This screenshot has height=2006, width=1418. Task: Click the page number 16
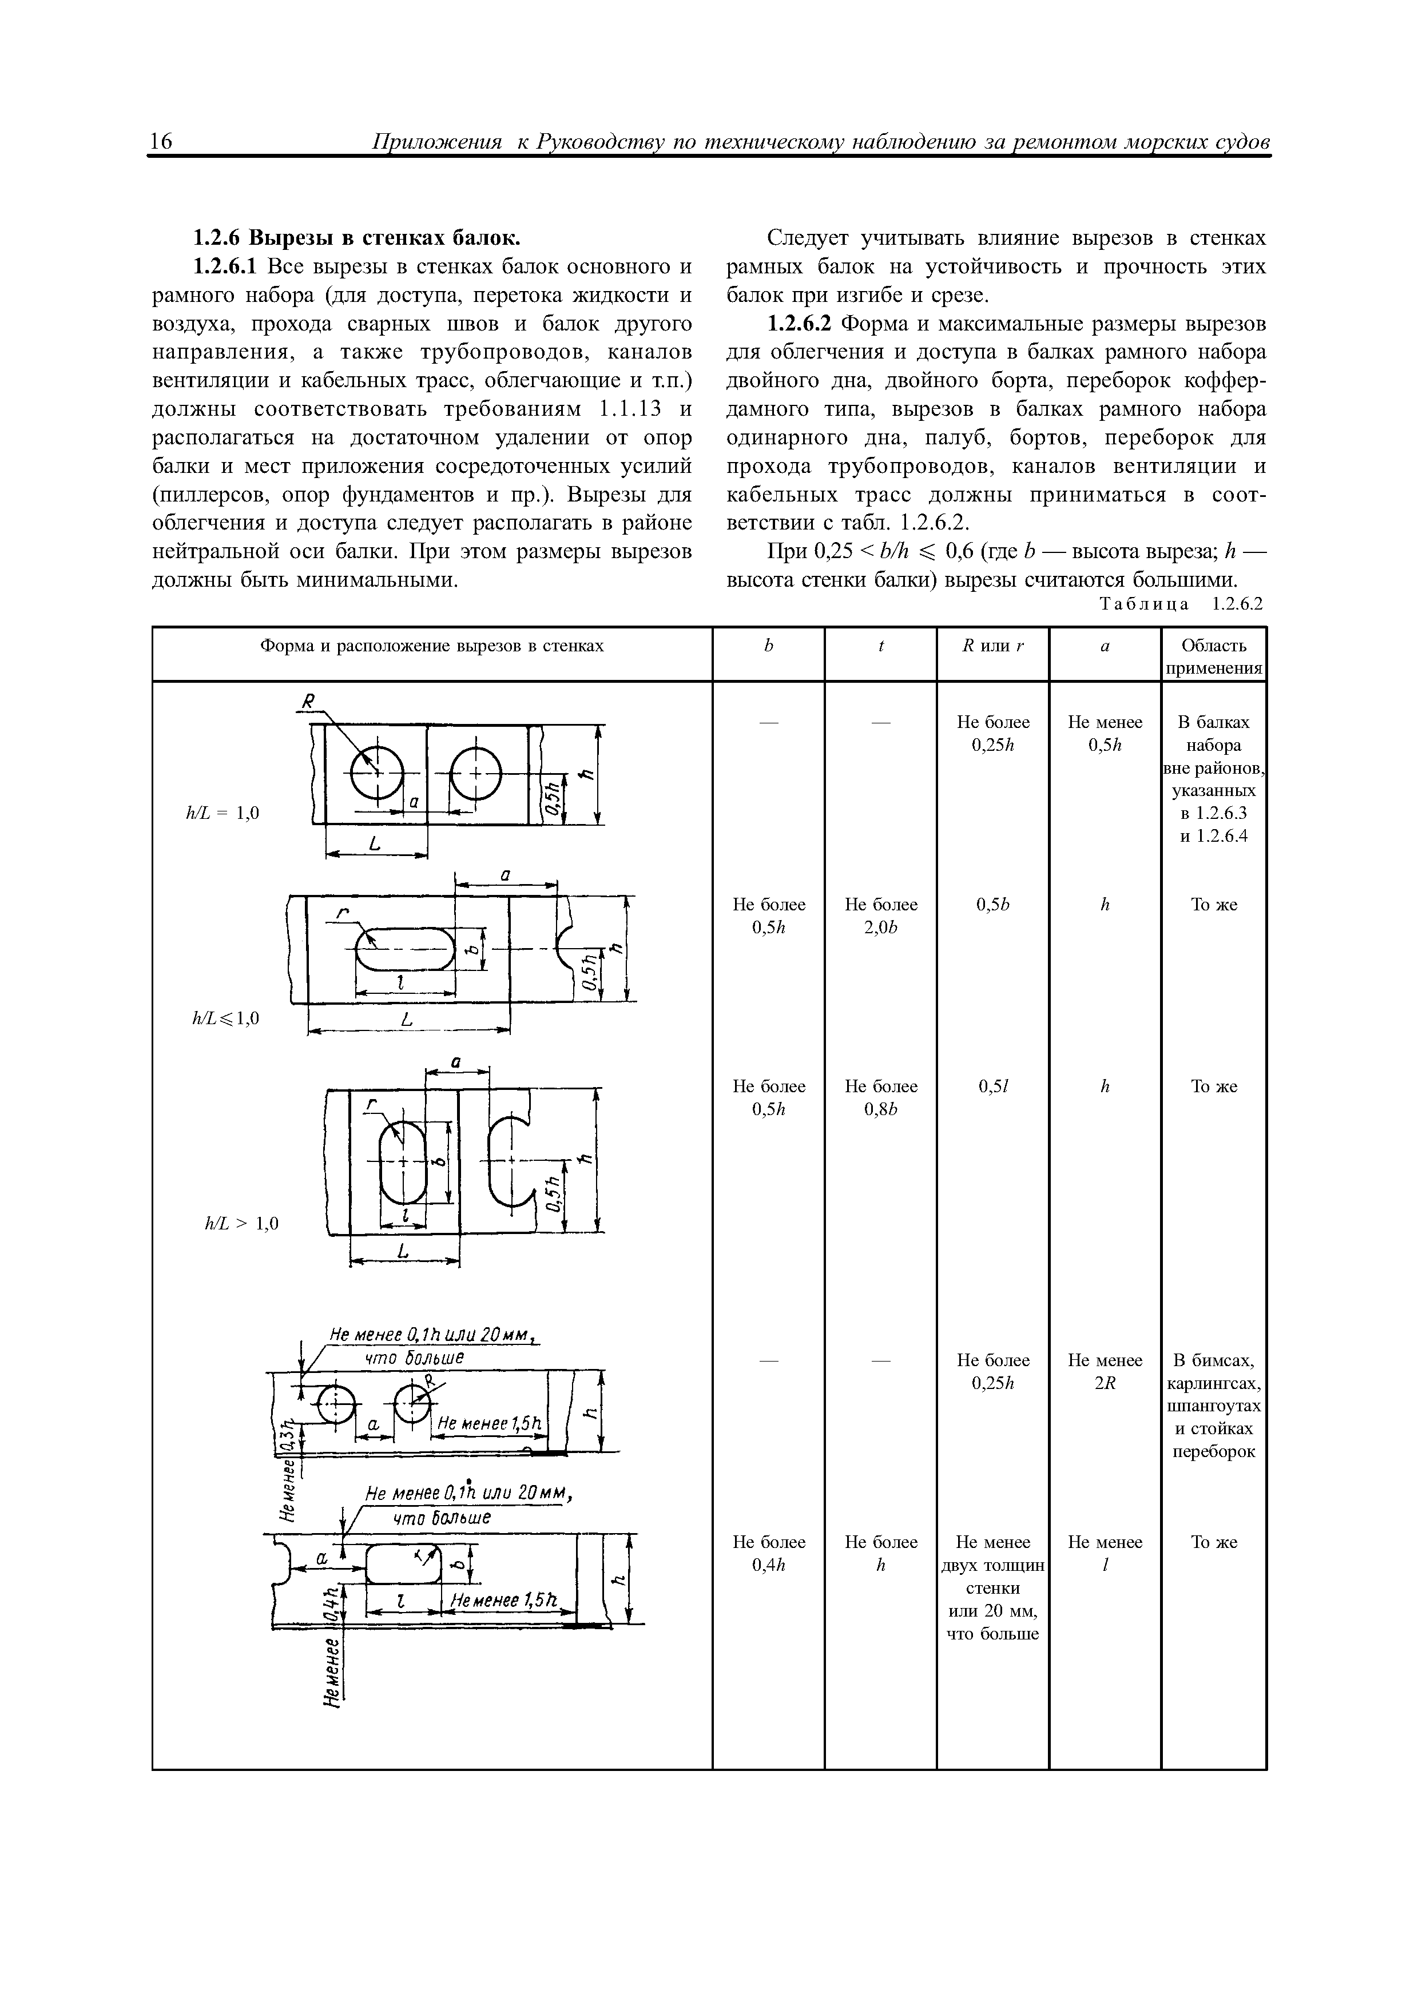162,142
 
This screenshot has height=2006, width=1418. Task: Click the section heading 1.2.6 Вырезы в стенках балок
356,238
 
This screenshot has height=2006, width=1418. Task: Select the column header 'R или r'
992,646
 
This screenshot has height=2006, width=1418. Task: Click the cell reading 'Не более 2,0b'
881,916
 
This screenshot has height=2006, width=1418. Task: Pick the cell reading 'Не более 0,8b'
881,1097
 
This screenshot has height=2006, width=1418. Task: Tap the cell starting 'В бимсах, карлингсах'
1214,1406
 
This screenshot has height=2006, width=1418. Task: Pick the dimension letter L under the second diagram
407,1021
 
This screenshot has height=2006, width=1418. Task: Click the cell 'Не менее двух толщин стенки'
992,1587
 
